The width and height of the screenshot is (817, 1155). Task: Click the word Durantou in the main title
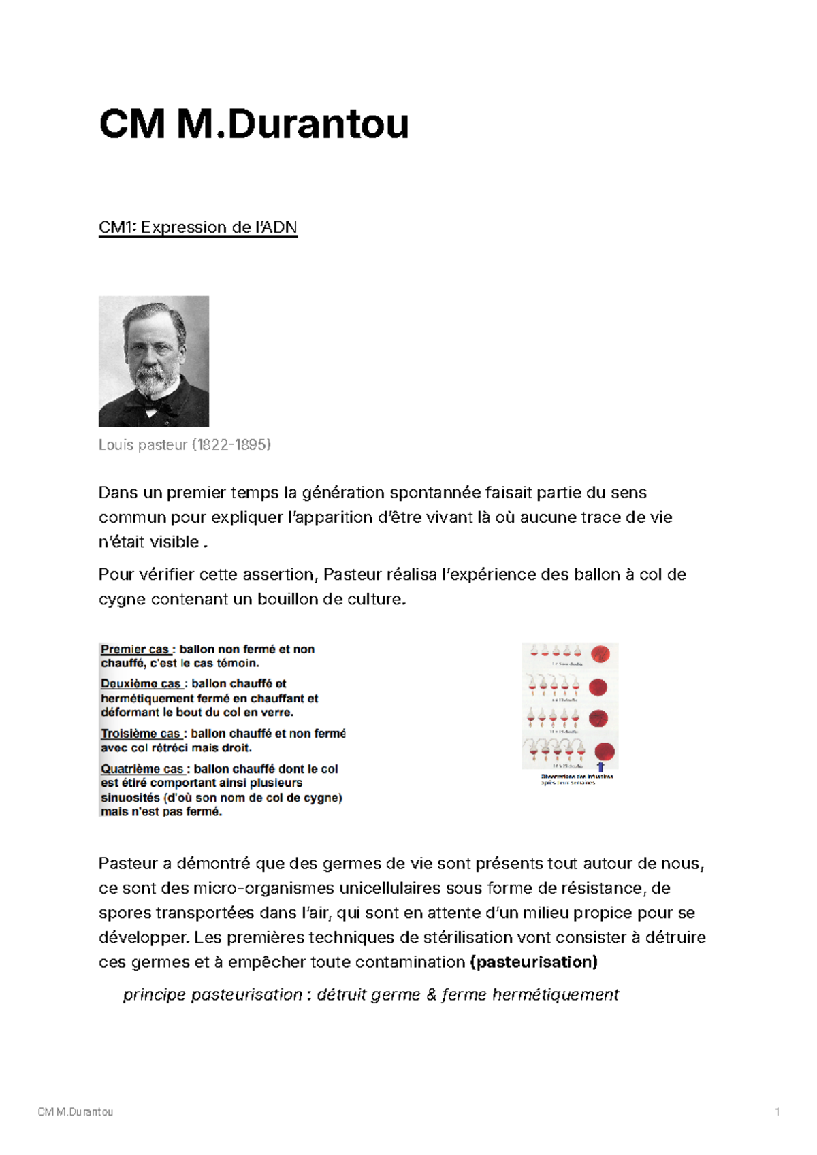point(318,125)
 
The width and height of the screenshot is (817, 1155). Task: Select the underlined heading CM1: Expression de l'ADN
point(197,227)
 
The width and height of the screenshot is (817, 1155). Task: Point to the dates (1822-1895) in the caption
point(231,445)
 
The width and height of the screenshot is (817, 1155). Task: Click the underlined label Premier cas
point(134,649)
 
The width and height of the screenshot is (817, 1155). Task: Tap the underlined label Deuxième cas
point(140,683)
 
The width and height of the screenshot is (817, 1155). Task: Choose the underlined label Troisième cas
point(140,734)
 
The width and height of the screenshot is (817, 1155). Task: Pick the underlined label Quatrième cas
point(142,769)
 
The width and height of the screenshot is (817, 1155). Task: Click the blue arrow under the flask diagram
point(600,766)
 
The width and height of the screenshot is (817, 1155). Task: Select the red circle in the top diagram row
point(600,654)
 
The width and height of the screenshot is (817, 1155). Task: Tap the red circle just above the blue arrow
point(604,751)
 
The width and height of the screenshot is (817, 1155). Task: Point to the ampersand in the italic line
point(431,995)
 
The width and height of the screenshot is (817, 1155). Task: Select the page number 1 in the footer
point(777,1112)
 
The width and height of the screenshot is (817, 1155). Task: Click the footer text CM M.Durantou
point(76,1112)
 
